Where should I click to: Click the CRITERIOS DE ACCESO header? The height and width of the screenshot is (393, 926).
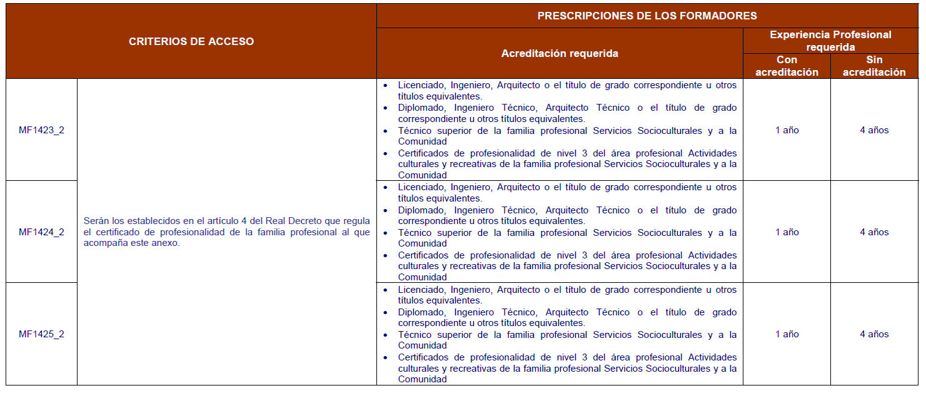pos(191,41)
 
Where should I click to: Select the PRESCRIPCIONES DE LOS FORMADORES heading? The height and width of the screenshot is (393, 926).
pos(647,16)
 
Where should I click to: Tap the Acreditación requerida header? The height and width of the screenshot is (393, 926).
pos(560,53)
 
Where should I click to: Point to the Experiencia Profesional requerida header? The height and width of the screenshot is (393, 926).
pos(830,41)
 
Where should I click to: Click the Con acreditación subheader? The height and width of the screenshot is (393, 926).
pos(787,66)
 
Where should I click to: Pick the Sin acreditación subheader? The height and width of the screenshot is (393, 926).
pos(874,66)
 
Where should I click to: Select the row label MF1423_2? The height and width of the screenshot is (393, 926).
pos(41,130)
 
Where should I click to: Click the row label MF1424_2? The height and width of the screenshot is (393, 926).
pos(41,232)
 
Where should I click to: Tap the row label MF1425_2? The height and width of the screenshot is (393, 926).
pos(41,334)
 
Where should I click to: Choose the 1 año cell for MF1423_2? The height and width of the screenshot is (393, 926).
pos(787,130)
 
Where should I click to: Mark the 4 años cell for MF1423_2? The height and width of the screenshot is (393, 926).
pos(874,130)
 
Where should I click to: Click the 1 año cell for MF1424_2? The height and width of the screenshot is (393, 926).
pos(787,232)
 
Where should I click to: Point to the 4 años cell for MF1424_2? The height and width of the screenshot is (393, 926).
pos(874,232)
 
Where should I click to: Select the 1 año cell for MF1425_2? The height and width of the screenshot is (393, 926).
pos(787,334)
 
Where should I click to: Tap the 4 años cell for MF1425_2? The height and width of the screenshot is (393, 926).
pos(874,334)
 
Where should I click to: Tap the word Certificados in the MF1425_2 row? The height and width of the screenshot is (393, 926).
pos(424,357)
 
